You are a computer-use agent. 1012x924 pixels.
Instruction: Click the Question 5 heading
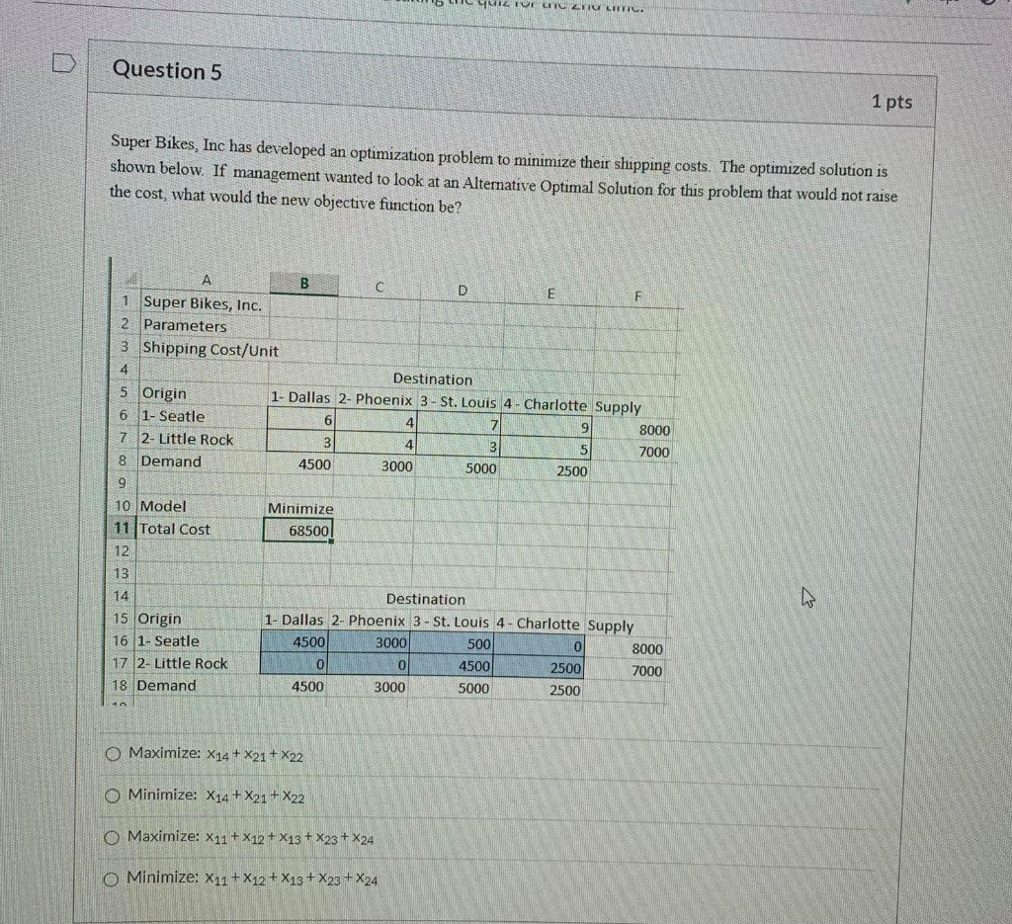point(167,70)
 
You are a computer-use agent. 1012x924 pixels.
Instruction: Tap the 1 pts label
point(891,102)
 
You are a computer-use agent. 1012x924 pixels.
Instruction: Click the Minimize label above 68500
point(301,508)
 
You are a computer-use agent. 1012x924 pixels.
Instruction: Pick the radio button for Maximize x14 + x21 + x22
point(114,756)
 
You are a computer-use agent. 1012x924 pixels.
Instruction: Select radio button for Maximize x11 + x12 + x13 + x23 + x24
point(114,838)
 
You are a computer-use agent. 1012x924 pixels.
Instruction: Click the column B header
point(304,283)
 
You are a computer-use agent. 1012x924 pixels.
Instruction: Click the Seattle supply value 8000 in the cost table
point(652,431)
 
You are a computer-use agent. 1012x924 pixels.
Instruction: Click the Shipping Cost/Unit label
point(211,349)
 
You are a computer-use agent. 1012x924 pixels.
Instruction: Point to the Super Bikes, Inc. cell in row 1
point(203,304)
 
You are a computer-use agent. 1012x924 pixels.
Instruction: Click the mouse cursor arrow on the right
point(807,596)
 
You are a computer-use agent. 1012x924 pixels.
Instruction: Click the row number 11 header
point(125,529)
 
